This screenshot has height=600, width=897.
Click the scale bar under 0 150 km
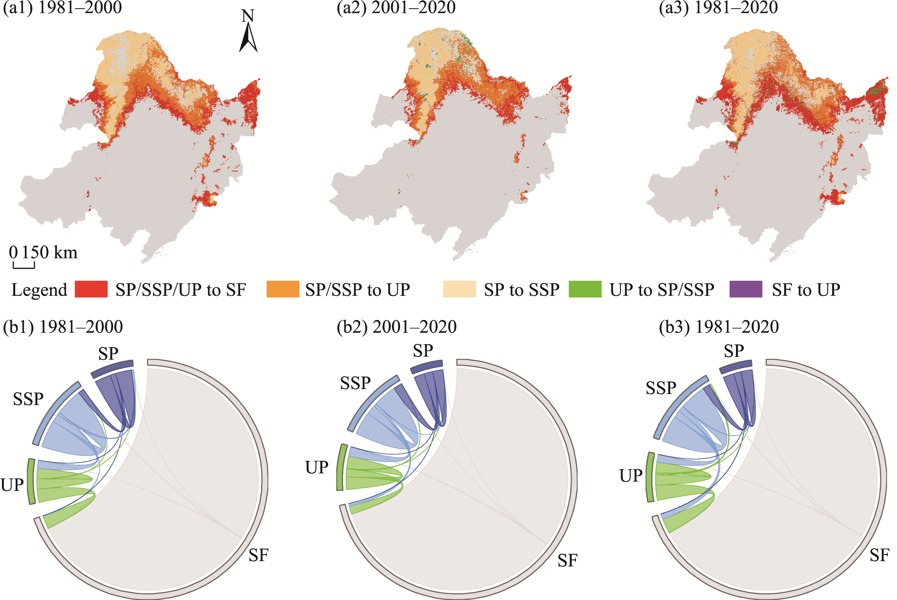pyautogui.click(x=24, y=265)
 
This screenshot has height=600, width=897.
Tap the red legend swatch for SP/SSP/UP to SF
pyautogui.click(x=91, y=289)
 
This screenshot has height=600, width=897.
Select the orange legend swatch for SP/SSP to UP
pyautogui.click(x=283, y=289)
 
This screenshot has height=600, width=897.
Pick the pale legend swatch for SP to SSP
pyautogui.click(x=459, y=289)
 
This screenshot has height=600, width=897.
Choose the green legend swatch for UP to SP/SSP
pyautogui.click(x=585, y=289)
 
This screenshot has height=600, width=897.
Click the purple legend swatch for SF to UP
pyautogui.click(x=745, y=289)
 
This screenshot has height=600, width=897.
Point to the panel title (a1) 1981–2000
pyautogui.click(x=62, y=8)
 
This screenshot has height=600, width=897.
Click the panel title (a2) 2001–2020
pyautogui.click(x=396, y=8)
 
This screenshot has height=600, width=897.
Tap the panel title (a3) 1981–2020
pyautogui.click(x=718, y=8)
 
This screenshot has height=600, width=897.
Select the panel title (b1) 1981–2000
pyautogui.click(x=63, y=327)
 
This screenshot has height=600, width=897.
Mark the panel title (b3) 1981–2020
pyautogui.click(x=719, y=327)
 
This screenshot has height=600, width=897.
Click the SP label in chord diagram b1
pyautogui.click(x=108, y=353)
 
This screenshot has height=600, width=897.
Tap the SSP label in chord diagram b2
pyautogui.click(x=355, y=383)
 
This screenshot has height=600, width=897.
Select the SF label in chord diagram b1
pyautogui.click(x=258, y=555)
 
